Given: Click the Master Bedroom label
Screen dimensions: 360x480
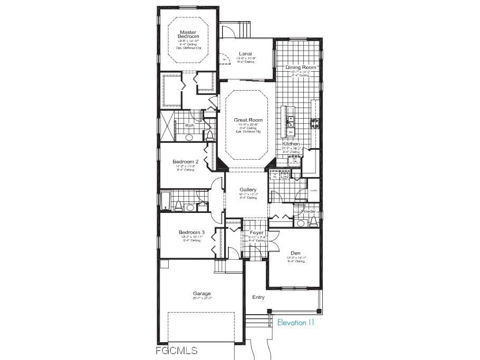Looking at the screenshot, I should coord(188,34).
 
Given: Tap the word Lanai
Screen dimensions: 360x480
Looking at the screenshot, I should coord(245,54).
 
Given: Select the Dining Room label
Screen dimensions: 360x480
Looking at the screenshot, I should coord(301,67).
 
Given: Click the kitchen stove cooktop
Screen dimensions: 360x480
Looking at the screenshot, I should coord(315,123).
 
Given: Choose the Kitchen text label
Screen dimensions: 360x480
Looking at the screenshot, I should coord(291,144).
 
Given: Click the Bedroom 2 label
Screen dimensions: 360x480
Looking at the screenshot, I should coord(186,162).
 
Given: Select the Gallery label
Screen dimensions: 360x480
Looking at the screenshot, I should coord(248,190).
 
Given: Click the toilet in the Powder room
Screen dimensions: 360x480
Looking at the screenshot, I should coord(301,223).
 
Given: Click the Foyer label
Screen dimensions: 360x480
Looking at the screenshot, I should coord(256,232).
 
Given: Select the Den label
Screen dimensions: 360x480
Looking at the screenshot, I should coord(295,253).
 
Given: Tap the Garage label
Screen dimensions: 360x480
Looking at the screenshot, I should coord(201,294).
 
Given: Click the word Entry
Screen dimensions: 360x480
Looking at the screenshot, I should coord(258,297).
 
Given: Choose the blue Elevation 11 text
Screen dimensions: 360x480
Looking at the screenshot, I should coord(295,323).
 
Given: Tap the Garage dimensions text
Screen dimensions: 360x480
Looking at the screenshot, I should coord(201,298).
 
